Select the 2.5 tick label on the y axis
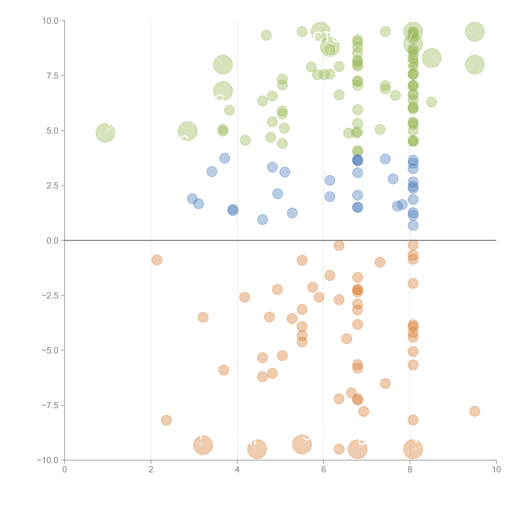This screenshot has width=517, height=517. click(52, 186)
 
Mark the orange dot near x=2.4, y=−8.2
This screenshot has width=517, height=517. click(166, 420)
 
